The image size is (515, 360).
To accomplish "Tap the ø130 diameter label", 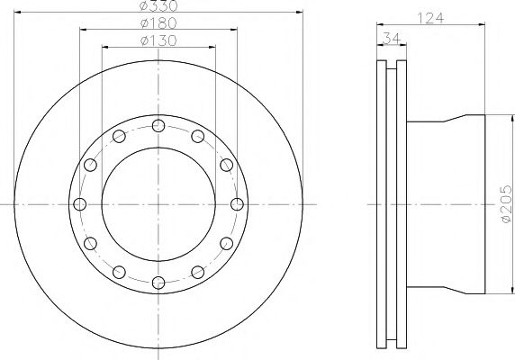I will [158, 41].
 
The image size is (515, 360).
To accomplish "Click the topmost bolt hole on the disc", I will [158, 125].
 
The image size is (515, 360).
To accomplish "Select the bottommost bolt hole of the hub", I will [158, 283].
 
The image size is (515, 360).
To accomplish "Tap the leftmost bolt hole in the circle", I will [80, 203].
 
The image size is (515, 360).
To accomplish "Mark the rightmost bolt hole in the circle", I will [237, 203].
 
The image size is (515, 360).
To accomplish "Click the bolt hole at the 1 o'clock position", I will [197, 136].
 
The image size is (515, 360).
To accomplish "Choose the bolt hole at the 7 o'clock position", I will [119, 272].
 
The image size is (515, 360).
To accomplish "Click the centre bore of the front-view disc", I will [158, 203].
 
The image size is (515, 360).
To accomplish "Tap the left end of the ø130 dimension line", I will [101, 48].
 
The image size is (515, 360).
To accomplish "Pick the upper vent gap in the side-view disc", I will [390, 90].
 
